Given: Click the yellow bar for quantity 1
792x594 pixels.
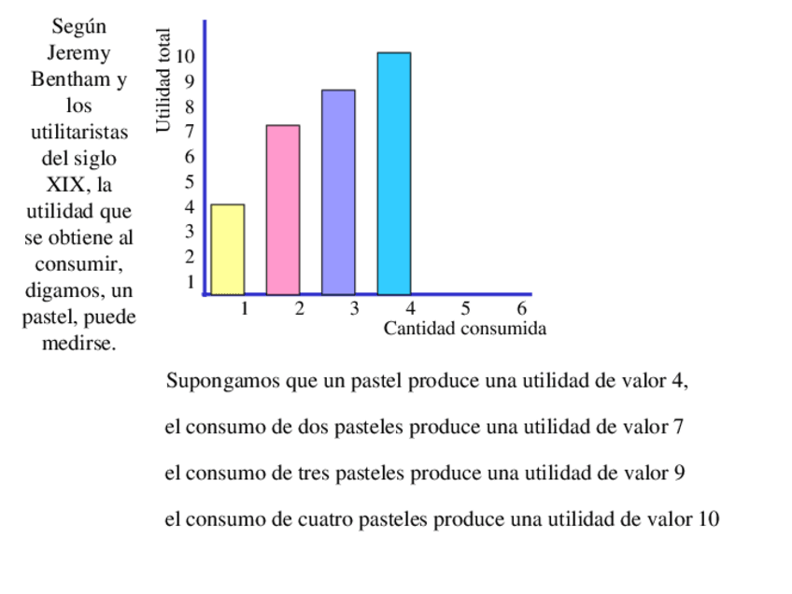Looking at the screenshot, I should click(x=228, y=249).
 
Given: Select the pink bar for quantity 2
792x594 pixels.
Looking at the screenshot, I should click(x=283, y=210).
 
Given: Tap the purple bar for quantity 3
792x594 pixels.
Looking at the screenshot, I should click(x=338, y=192).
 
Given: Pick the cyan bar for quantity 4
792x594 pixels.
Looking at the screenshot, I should click(x=393, y=174).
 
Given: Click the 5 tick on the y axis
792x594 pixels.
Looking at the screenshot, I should click(x=190, y=182).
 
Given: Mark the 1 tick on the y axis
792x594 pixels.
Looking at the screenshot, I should click(x=190, y=281).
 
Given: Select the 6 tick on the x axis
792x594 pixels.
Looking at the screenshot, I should click(x=522, y=308).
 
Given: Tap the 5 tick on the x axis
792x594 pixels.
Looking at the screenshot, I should click(x=465, y=308).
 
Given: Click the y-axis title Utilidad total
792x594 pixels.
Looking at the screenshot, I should click(x=164, y=81).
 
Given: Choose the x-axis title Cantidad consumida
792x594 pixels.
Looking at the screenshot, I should click(x=464, y=329).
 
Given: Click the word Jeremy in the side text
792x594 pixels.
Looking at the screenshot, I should click(x=78, y=53).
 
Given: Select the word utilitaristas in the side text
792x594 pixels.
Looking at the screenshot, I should click(x=79, y=132).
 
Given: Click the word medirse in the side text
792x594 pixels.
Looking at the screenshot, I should click(x=78, y=344).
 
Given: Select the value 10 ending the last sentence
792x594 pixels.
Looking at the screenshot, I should click(x=708, y=519).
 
